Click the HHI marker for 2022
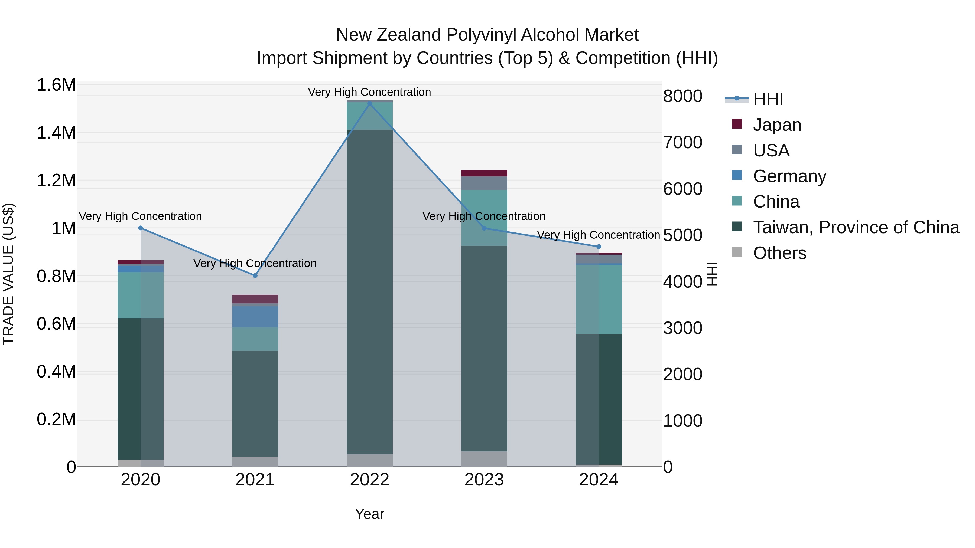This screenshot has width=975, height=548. coord(370,104)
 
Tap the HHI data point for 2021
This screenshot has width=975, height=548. coord(255,276)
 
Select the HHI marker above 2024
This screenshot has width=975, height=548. coord(599,247)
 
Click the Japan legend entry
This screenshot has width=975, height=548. coord(777,125)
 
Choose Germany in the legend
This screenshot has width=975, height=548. coord(789,176)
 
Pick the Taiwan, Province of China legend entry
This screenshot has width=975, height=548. coord(856,227)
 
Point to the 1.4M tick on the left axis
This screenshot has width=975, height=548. coord(56,133)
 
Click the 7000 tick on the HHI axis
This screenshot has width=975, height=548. coord(683,143)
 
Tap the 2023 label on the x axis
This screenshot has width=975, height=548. coord(484,480)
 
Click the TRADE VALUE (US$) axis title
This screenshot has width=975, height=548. coord(9,274)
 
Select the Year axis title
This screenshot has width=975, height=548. coord(369,514)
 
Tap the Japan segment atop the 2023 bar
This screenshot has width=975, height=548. coord(484,173)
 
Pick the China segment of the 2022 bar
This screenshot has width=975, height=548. coord(370,116)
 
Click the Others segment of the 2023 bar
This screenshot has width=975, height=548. coord(484,459)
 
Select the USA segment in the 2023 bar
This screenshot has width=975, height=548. coord(484,183)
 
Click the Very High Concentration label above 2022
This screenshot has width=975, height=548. coord(369,92)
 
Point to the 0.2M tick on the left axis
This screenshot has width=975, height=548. coord(56,419)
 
